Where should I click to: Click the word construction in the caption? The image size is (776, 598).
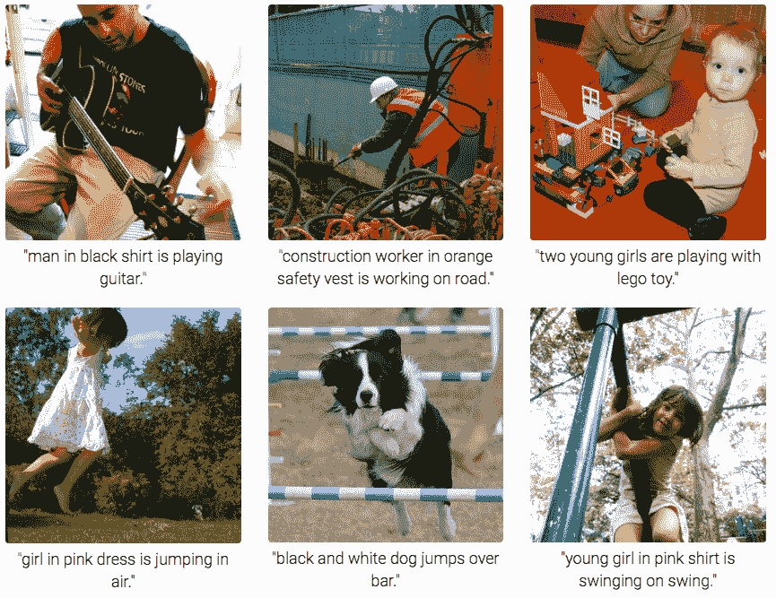point(327,257)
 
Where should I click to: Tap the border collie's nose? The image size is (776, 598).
point(365,399)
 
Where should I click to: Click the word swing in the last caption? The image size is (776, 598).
point(693,581)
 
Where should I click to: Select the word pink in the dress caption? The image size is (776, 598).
point(85,559)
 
